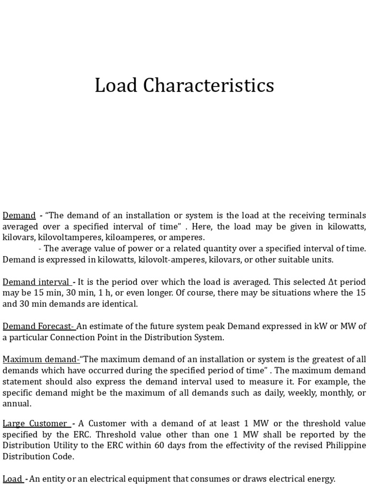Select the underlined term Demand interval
37,282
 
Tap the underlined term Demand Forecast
38,326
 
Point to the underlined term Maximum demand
40,359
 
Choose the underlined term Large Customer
35,423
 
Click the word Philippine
344,445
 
